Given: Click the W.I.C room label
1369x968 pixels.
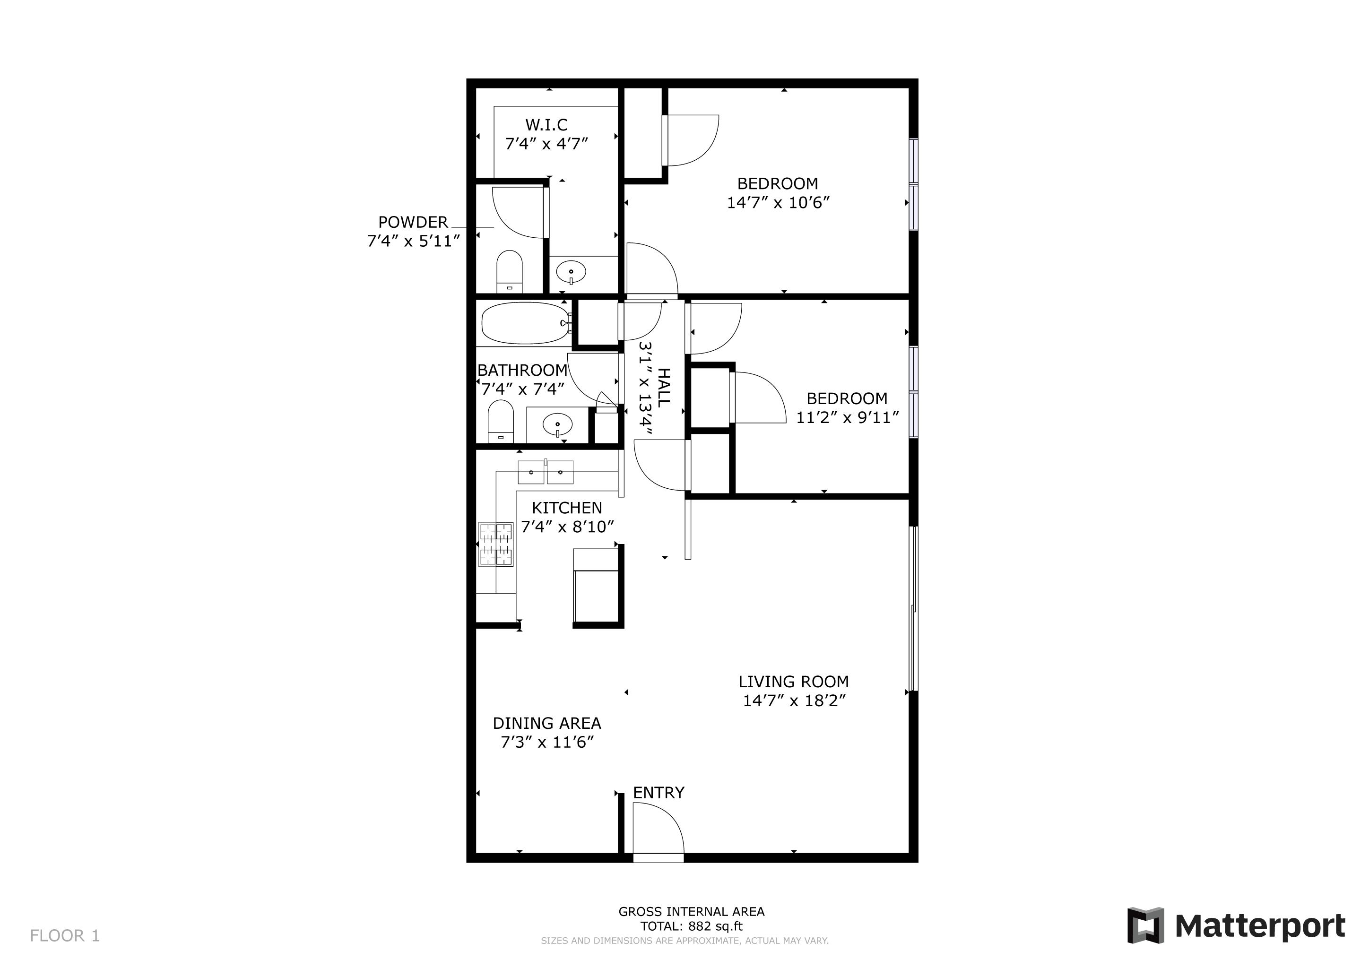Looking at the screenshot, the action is click(x=546, y=125).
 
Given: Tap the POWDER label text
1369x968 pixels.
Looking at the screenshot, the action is click(x=413, y=222).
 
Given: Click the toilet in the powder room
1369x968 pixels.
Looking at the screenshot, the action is click(x=509, y=271).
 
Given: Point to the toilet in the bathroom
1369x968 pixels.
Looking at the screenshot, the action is click(x=501, y=421).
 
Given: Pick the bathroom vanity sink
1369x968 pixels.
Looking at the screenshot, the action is click(x=557, y=425).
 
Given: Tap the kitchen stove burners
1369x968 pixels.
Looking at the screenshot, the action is click(x=495, y=544).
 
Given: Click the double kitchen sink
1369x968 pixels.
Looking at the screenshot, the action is click(x=546, y=472).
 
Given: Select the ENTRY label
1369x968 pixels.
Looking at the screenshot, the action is click(x=659, y=793).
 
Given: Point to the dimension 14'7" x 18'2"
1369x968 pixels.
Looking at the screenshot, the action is click(x=794, y=700).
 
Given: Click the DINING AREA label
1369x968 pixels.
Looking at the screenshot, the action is click(x=547, y=724).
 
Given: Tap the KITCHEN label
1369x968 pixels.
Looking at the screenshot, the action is click(x=567, y=508).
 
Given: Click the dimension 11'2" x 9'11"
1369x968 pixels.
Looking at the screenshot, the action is click(x=847, y=417).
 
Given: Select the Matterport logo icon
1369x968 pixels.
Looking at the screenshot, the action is click(x=1145, y=925).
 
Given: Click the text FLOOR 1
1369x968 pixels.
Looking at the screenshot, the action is click(x=65, y=936).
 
